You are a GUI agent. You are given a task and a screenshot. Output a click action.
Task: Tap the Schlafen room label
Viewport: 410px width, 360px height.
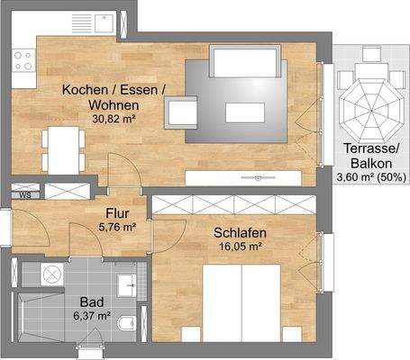click(238, 233)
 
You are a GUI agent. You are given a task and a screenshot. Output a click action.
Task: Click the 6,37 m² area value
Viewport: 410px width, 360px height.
click(91, 316)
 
